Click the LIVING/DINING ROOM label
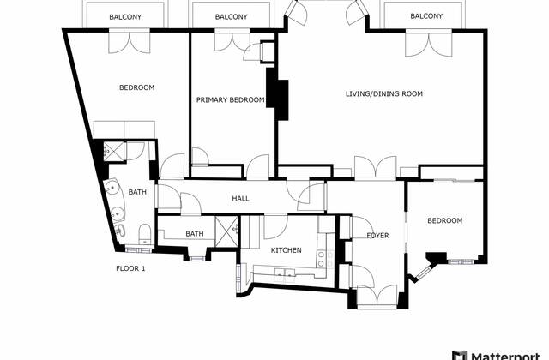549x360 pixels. (x=384, y=93)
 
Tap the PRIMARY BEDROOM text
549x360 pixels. (x=230, y=100)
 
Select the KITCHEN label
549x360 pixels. (x=286, y=250)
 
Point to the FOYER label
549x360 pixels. (x=377, y=236)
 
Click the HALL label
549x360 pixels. (x=240, y=199)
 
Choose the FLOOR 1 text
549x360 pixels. (x=130, y=268)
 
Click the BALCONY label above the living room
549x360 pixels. (x=426, y=16)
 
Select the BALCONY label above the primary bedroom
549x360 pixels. (x=231, y=17)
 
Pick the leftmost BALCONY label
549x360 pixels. (x=125, y=17)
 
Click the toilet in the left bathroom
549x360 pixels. (x=145, y=234)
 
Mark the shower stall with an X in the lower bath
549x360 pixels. (x=226, y=231)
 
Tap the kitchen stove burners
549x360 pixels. (x=325, y=259)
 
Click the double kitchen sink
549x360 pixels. (x=285, y=273)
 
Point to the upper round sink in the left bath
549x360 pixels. (x=112, y=188)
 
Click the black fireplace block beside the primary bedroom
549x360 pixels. (x=277, y=93)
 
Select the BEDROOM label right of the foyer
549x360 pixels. (x=444, y=221)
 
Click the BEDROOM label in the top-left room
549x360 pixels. (x=137, y=87)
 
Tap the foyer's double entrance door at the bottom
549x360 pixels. (x=377, y=297)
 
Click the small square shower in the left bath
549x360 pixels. (x=114, y=151)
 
